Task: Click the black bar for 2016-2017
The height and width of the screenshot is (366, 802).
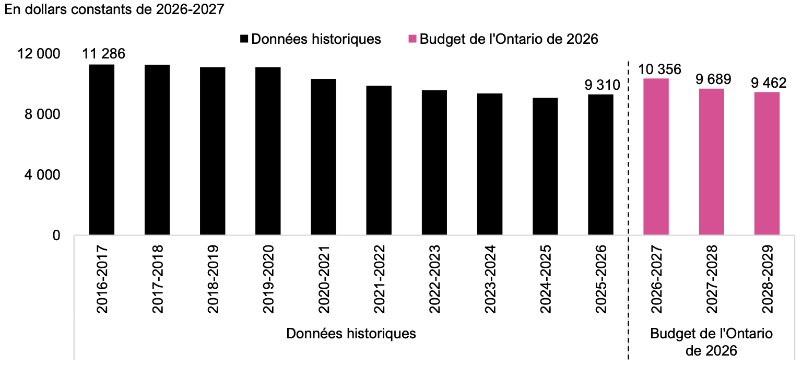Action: pos(102,150)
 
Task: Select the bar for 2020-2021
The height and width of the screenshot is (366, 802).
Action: pos(323,157)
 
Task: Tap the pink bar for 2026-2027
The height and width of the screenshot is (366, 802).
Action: pos(656,157)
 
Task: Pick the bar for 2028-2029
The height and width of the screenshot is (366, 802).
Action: pos(767,163)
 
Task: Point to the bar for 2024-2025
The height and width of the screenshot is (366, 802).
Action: pos(545,166)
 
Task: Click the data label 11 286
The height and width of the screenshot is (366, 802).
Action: pos(103,54)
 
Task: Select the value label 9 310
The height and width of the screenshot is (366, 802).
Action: pos(602,85)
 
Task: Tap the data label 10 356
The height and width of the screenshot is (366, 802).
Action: pos(659,69)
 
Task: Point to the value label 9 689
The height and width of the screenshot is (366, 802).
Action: pos(713,79)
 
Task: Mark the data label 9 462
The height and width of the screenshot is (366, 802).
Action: pos(769,82)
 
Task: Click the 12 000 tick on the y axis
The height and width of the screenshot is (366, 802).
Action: pos(39,54)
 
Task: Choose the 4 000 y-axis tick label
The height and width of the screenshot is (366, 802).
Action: pos(42,175)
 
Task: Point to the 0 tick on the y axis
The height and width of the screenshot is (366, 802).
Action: pos(56,235)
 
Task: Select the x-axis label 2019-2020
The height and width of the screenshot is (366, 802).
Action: pos(268,279)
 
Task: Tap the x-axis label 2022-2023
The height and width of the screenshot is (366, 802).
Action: pos(434,279)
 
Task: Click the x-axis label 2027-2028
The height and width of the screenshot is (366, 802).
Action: pos(712,279)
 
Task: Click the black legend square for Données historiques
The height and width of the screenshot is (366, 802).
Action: pos(244,39)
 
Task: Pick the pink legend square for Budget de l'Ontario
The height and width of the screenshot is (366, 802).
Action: pos(412,39)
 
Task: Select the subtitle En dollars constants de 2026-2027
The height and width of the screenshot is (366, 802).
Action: pos(114,9)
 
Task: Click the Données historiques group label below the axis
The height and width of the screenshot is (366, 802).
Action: pos(351,334)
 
